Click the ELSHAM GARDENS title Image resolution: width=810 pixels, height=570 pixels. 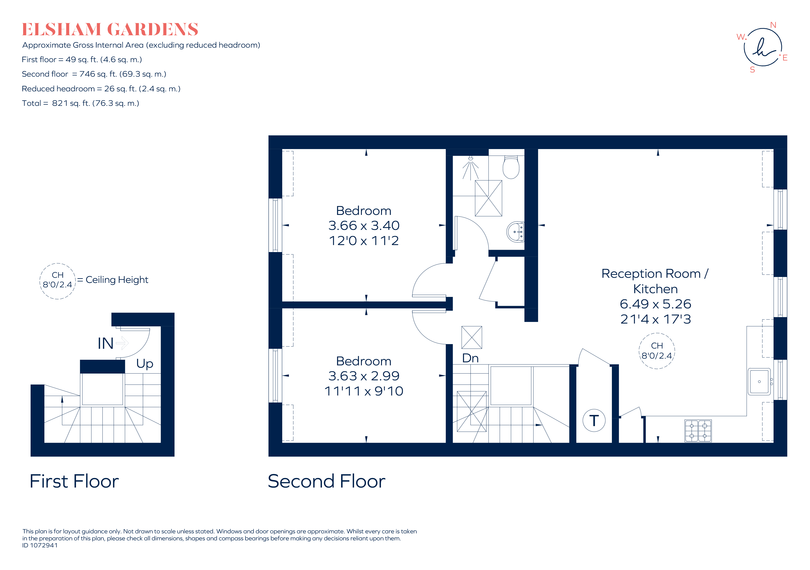tap(110, 29)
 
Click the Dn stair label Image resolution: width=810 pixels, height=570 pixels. tap(470, 358)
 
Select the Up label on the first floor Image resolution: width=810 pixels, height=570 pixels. tap(145, 364)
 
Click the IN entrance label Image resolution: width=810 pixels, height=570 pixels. tap(105, 344)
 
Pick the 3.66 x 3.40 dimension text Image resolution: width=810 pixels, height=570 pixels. tap(364, 225)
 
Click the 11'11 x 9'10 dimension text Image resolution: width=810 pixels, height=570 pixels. tap(364, 391)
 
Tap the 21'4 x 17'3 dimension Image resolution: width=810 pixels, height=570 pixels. tap(656, 319)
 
